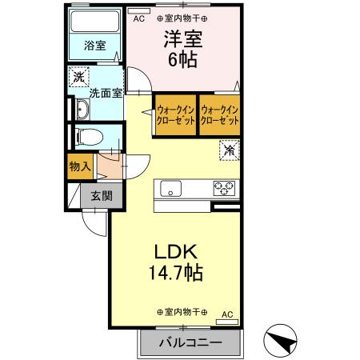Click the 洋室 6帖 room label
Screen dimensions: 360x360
[x=183, y=49]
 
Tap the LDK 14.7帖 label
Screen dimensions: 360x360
[x=176, y=262]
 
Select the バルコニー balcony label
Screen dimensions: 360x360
[x=190, y=342]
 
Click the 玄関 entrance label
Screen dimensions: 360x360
[x=102, y=196]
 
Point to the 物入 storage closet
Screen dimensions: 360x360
[x=80, y=166]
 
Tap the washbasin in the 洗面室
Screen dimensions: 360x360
[x=83, y=109]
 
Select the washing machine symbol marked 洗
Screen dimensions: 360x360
[x=79, y=77]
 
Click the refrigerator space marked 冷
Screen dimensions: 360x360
[x=230, y=150]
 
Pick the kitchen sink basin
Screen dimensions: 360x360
[x=170, y=189]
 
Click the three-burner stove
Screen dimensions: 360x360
[x=224, y=188]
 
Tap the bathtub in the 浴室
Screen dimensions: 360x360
[x=95, y=22]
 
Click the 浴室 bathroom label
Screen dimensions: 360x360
[x=95, y=46]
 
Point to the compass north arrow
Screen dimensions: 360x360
[x=280, y=340]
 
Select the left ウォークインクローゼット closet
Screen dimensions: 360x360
[x=175, y=115]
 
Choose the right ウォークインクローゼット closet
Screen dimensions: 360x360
[x=219, y=115]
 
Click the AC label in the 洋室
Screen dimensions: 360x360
[x=138, y=18]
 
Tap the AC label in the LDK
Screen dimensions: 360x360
[x=227, y=314]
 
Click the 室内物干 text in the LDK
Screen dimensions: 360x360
[x=182, y=312]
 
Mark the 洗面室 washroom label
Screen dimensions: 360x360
[x=106, y=94]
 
